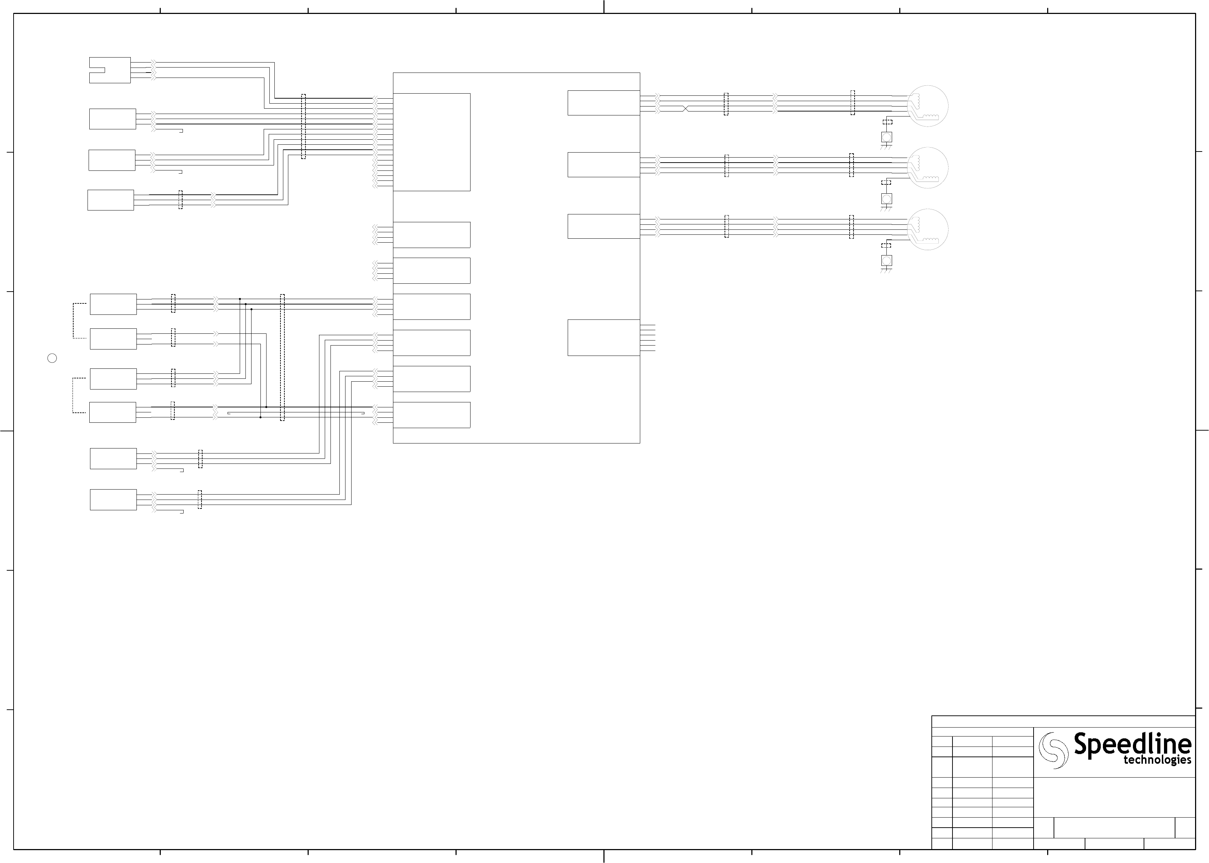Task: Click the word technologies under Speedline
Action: point(1157,760)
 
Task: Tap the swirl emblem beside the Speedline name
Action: point(1053,750)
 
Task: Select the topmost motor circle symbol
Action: point(927,106)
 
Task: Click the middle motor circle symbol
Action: point(927,167)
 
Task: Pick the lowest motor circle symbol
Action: point(927,229)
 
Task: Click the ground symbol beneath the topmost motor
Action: point(886,147)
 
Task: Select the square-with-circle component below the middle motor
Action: point(886,199)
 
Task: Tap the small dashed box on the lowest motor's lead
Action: point(886,245)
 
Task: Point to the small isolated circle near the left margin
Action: point(52,358)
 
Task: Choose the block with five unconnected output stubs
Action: point(603,337)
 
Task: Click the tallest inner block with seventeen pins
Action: point(431,142)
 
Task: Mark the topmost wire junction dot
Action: point(240,299)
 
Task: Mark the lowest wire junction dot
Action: point(260,417)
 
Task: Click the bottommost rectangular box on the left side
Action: point(113,500)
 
